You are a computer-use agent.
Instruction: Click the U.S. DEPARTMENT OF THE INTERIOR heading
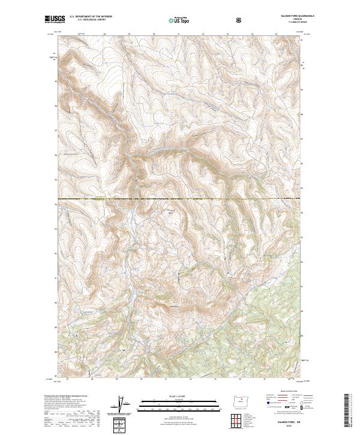click(91, 17)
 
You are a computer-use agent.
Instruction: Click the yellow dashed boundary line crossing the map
click(180, 198)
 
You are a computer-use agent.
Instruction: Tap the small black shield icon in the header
click(239, 20)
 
